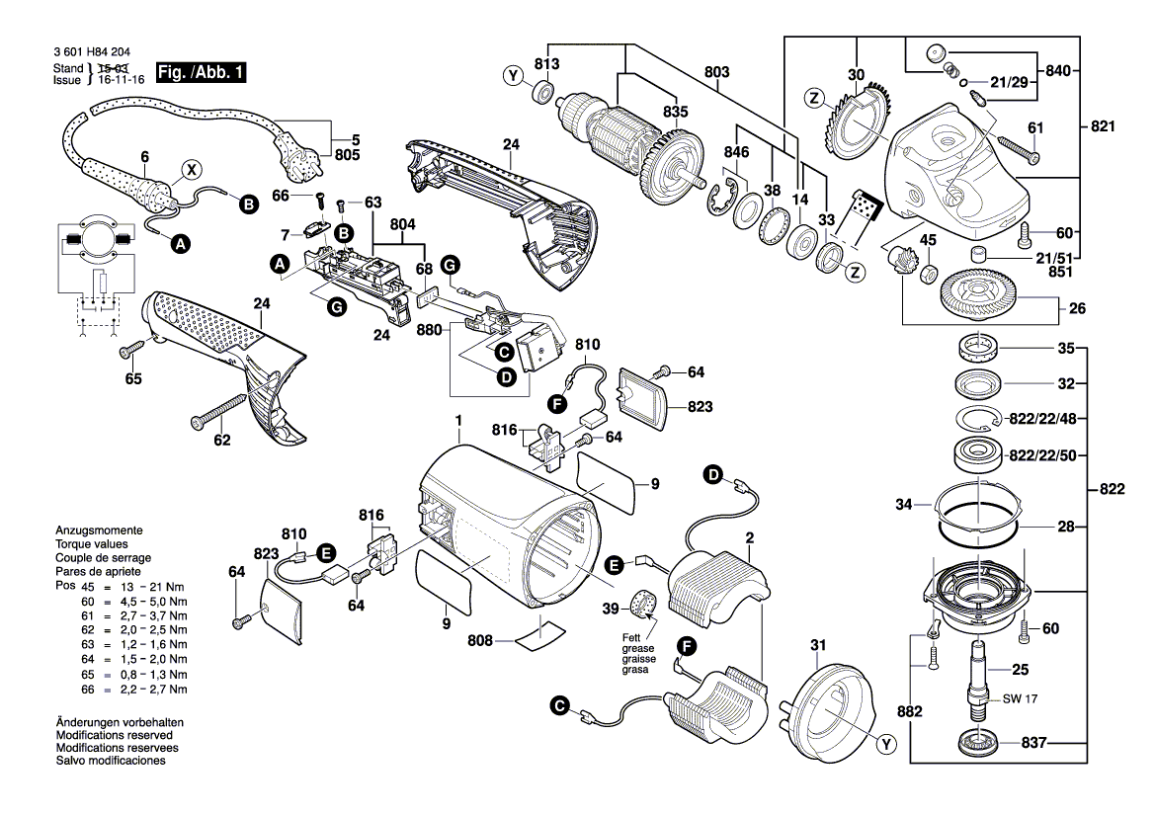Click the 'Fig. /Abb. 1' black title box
pos(201,72)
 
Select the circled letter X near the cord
pos(192,170)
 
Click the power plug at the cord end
pos(300,158)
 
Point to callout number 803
pos(716,71)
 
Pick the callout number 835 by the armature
pos(676,112)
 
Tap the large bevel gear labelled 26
pos(978,294)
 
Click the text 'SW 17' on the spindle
pos(1020,698)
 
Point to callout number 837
pos(1033,742)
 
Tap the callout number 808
pos(479,641)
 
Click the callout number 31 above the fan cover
pos(818,645)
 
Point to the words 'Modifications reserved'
pos(115,735)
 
